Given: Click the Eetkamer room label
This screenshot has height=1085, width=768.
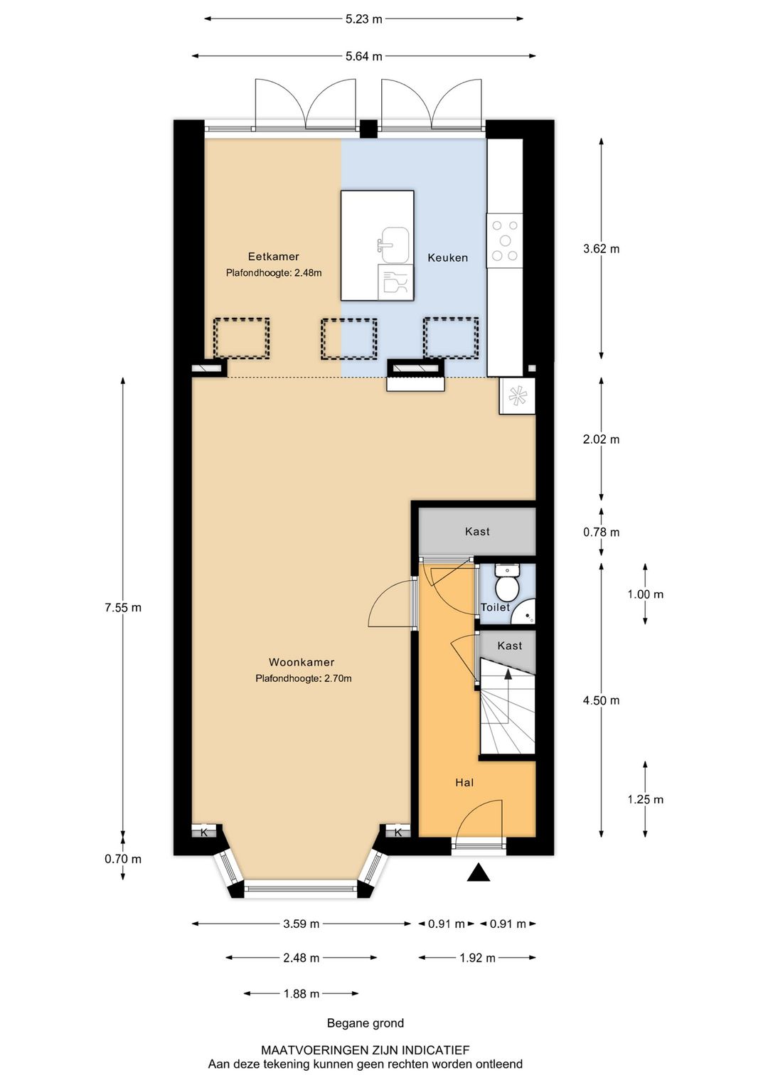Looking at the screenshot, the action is click(x=273, y=256).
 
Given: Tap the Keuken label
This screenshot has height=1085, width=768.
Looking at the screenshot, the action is click(x=447, y=257).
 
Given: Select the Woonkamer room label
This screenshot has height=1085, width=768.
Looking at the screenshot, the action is click(x=302, y=662).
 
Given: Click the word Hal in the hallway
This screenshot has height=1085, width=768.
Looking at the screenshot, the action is click(x=464, y=782).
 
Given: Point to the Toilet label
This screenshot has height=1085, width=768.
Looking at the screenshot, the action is click(x=495, y=607).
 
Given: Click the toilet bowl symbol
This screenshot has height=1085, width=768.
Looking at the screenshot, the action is click(x=507, y=583).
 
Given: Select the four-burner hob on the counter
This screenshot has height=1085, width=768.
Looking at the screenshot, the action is click(x=504, y=240).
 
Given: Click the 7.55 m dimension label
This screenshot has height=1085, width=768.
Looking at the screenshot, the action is click(x=123, y=607).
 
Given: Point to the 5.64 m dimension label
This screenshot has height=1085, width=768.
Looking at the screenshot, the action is click(x=364, y=56).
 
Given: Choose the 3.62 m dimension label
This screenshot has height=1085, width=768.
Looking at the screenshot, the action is click(x=602, y=248).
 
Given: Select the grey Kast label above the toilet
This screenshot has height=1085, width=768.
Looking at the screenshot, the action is click(x=477, y=531).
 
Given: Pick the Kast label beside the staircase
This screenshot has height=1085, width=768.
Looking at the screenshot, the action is click(x=510, y=646).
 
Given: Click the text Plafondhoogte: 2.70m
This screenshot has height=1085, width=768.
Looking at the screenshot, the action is click(x=304, y=678).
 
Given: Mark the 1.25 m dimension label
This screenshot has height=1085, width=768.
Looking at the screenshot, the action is click(x=646, y=799).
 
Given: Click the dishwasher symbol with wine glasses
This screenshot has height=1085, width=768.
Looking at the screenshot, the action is click(x=395, y=281).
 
